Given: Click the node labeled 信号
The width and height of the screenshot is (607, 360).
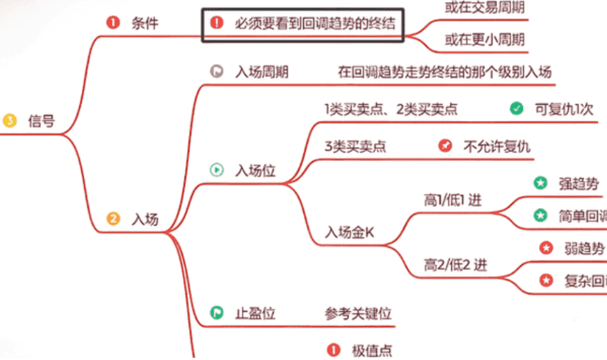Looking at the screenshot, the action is point(41,120).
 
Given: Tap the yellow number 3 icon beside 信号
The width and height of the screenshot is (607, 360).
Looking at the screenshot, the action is point(10,120).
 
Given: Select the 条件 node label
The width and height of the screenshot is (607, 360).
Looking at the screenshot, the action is point(145,22).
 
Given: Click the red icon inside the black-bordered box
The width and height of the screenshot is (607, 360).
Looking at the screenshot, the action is point(216,22).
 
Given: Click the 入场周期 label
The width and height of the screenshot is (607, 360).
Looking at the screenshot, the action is point(262,72).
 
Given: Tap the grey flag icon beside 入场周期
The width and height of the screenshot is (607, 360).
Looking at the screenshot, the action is point(216,72).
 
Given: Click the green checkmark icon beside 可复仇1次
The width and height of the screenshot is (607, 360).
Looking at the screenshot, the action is point(516,109).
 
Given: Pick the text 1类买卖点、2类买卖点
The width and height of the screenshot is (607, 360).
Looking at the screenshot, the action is point(391,109).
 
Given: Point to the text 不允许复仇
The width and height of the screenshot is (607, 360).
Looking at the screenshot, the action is point(496,146).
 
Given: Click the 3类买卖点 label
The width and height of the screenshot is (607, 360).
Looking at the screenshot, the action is point(355,146).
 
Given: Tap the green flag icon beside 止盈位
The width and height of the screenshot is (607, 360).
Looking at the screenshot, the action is point(216,313).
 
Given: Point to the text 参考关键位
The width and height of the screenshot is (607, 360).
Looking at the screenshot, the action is point(358,313).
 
